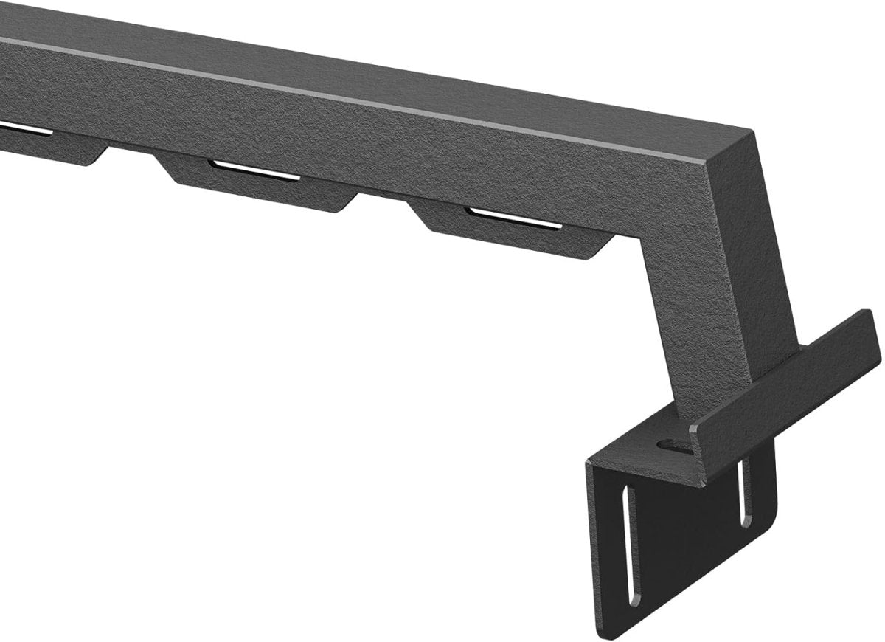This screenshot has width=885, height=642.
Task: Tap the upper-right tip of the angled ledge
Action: pyautogui.click(x=870, y=314)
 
